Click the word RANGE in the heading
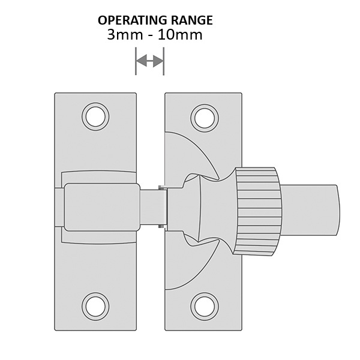pos(192,20)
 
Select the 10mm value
pos(180,35)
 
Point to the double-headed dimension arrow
pos(149,61)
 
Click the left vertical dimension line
pos(136,61)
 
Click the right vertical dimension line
pos(163,61)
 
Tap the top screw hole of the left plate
pos(95,116)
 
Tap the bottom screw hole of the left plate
pos(95,307)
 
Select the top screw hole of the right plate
pos(205,118)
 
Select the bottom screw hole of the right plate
pos(205,307)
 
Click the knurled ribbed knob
pos(257,211)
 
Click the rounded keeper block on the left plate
pos(102,207)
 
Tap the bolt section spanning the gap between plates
pos(152,208)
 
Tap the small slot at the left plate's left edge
pos(59,208)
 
